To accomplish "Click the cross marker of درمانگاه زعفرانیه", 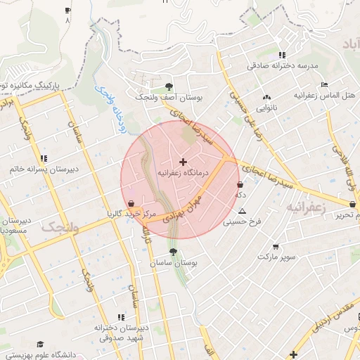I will click(184, 162).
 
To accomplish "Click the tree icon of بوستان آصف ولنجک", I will click(173, 87).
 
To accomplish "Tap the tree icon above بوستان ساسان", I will click(173, 251).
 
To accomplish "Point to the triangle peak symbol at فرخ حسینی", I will click(243, 211).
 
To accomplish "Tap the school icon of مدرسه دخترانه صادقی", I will click(282, 55).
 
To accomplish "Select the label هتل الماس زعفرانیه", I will click(326, 94).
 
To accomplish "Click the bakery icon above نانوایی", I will click(266, 98).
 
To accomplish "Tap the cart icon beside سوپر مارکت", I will click(276, 247).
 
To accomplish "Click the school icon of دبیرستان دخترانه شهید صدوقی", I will click(121, 317).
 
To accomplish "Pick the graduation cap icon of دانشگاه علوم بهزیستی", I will click(41, 345).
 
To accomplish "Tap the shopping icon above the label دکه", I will click(240, 185).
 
